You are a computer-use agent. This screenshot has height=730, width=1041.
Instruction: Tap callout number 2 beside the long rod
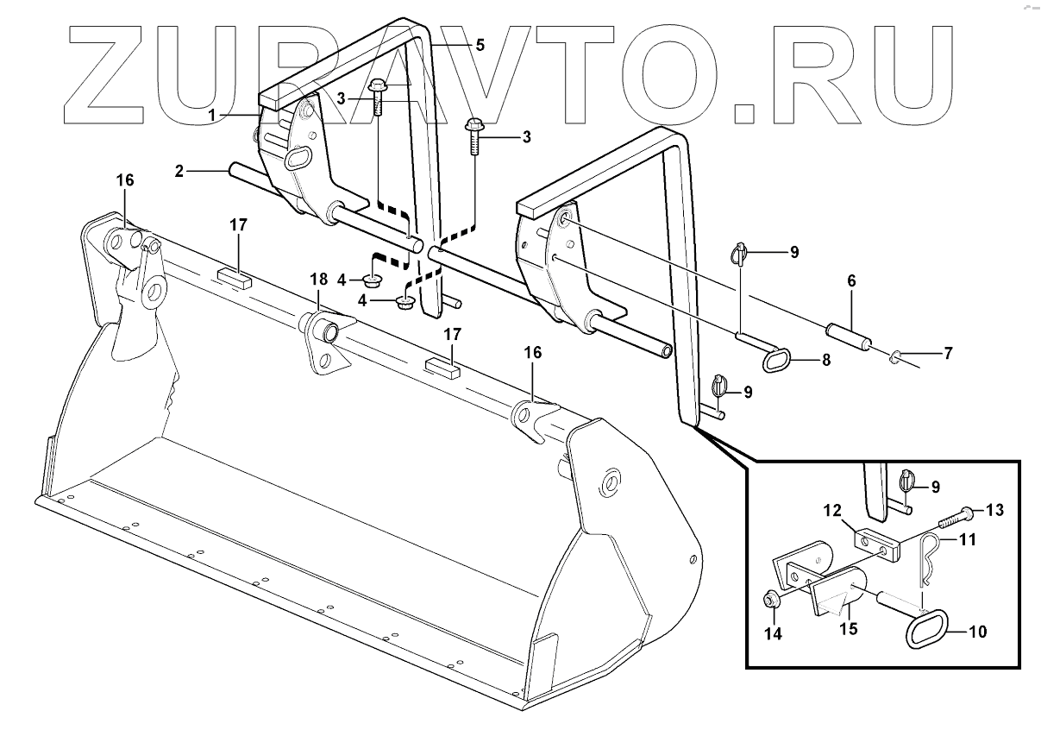click(x=179, y=171)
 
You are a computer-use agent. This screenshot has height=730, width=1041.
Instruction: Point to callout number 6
click(x=851, y=281)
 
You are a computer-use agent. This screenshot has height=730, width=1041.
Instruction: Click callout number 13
click(x=994, y=510)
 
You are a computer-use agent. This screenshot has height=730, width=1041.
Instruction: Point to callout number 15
click(x=850, y=629)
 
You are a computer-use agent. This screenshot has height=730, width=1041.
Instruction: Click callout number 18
click(x=318, y=279)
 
